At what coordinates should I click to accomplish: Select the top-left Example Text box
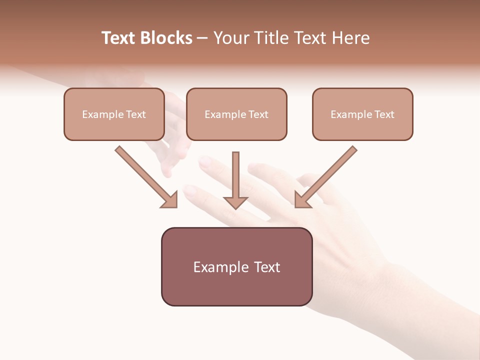point(114,114)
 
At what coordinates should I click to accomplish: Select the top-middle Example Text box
point(236,114)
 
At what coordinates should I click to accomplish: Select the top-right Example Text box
point(362,114)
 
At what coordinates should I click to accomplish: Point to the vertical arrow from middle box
point(235,175)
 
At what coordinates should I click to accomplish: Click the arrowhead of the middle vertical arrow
point(235,202)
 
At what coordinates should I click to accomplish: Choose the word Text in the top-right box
point(384,114)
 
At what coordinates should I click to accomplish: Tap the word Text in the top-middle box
point(258,114)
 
